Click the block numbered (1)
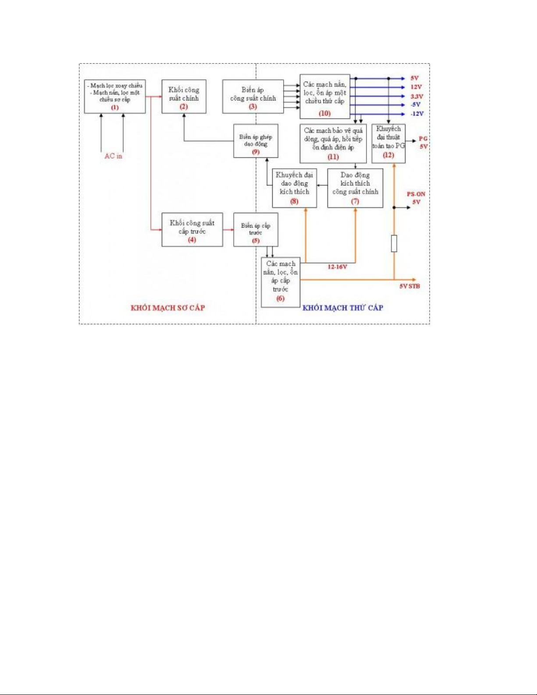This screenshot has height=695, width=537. (115, 96)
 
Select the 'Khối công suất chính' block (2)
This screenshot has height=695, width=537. (184, 97)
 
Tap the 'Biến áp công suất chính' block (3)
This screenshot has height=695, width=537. (253, 97)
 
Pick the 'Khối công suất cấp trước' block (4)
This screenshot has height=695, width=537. (192, 230)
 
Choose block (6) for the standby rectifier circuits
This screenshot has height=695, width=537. (281, 282)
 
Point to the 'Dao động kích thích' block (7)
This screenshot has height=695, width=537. (355, 188)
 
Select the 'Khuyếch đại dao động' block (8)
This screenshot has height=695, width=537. (294, 188)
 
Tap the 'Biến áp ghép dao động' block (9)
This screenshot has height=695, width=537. (256, 141)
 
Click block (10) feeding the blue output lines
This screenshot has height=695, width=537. (325, 96)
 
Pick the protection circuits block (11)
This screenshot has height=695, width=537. (333, 143)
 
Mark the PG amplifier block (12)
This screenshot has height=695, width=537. (388, 143)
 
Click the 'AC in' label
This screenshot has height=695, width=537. (113, 156)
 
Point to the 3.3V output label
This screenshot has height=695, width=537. (417, 96)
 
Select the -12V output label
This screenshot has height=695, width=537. (417, 114)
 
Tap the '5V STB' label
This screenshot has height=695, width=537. (409, 286)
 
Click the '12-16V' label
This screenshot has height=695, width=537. (337, 267)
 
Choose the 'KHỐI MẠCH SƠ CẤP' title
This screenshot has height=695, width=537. (167, 308)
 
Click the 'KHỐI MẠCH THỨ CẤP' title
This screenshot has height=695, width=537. (343, 308)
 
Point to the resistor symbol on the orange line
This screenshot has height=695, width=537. (394, 243)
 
